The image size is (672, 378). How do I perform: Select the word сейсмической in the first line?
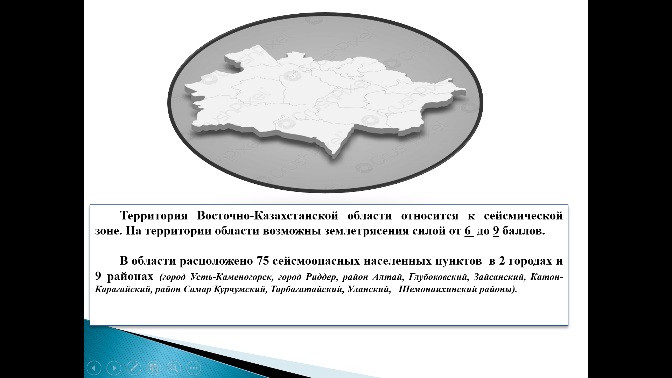coord(523,216)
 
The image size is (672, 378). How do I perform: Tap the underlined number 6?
coord(468,231)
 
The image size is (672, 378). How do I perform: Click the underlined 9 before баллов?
coord(496,231)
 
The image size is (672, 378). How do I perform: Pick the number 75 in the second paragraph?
coord(262,261)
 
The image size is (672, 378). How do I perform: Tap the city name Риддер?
coord(321,278)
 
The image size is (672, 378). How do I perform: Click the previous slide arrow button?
coord(94,368)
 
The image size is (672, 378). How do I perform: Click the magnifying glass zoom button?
coord(174,368)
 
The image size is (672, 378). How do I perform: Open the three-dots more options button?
coord(194,368)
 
